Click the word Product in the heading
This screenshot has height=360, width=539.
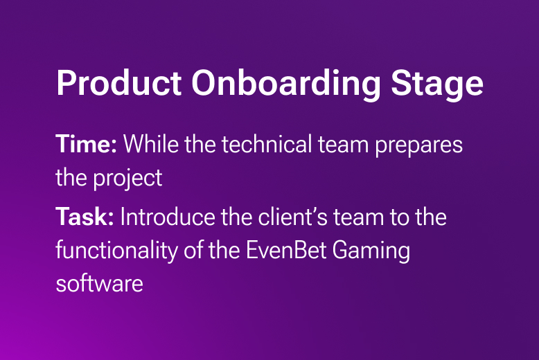coord(119,83)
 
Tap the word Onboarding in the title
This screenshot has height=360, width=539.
coord(286,85)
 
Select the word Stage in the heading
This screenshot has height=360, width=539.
coord(437,85)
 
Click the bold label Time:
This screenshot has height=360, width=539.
coord(87,143)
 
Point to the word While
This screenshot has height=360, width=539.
coord(151,143)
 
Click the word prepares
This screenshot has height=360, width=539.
coord(418,146)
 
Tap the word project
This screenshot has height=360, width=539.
coord(127,179)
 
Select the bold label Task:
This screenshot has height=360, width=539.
coord(85,217)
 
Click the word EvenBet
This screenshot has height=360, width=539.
coord(286,250)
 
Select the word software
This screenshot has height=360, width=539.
coord(99,284)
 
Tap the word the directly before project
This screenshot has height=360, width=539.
coord(71,178)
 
